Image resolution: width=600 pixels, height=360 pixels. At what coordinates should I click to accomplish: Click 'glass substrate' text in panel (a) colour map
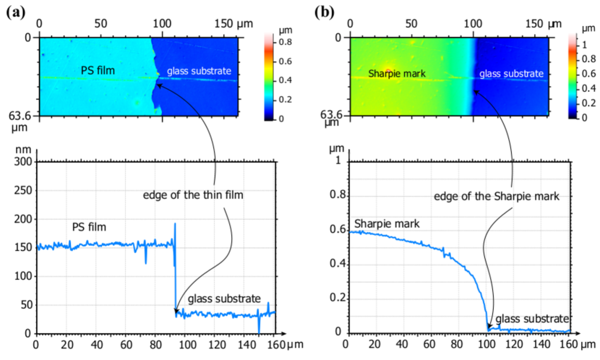[x=199, y=71]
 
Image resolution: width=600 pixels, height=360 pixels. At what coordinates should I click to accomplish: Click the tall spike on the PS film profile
[x=175, y=226]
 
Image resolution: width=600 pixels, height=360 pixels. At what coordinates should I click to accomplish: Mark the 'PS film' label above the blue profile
[x=89, y=227]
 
